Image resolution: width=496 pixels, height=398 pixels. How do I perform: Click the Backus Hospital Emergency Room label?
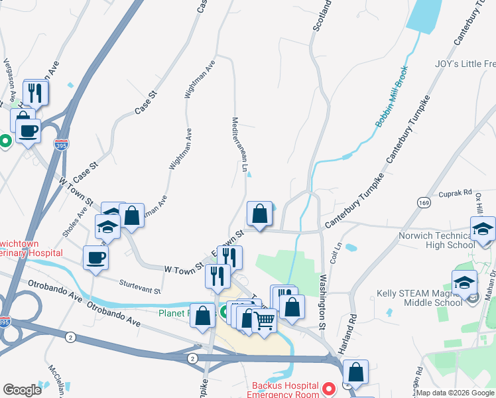tap(284, 390)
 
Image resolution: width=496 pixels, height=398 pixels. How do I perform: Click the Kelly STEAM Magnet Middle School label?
tap(418, 297)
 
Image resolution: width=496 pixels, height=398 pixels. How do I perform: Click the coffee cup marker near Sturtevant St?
tap(95, 257)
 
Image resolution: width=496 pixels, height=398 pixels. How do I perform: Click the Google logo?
tap(22, 390)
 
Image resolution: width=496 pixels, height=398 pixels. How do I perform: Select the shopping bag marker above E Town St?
tap(259, 214)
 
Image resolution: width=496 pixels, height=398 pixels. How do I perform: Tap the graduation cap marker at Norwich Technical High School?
tap(483, 229)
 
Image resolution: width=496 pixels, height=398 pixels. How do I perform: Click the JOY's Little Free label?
tap(465, 64)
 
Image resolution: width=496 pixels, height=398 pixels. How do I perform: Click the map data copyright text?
tap(456, 393)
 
